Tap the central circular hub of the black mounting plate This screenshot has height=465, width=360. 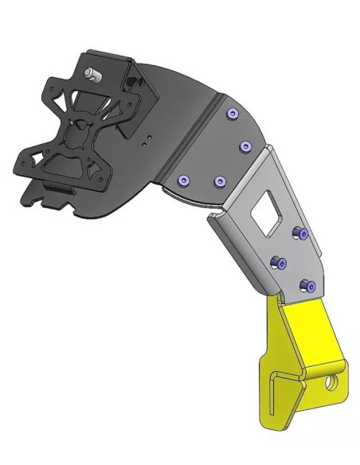coord(76,135)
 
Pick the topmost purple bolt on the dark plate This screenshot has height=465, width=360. coord(232,115)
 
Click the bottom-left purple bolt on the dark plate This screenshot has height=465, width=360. coord(182,180)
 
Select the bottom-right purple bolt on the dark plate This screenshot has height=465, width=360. coord(219,182)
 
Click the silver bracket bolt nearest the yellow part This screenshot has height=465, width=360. coord(306,284)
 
